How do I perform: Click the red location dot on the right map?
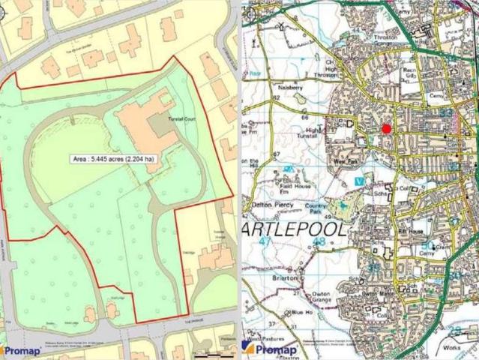pos(387,129)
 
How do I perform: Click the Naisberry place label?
pos(289,88)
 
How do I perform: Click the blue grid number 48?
pos(320,242)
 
